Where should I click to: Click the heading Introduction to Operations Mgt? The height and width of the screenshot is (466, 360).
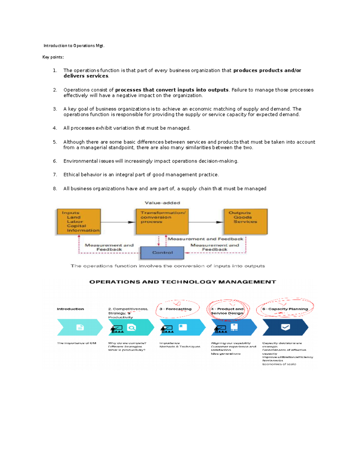[74, 46]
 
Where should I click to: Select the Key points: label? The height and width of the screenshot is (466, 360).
[53, 57]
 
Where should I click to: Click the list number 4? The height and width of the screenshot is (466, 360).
[55, 128]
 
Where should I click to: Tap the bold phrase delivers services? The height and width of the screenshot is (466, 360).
[86, 76]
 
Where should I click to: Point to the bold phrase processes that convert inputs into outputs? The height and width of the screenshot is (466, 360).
[172, 90]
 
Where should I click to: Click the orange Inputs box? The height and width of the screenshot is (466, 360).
[79, 222]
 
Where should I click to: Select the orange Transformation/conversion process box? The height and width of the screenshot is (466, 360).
[162, 222]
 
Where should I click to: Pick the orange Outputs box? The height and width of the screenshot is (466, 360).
[246, 222]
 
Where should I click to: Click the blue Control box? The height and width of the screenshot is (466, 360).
[162, 253]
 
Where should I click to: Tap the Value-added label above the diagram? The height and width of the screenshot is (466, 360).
[162, 203]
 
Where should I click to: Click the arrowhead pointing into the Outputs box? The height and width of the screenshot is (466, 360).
[220, 222]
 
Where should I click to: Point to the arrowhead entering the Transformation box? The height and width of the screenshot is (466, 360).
[132, 222]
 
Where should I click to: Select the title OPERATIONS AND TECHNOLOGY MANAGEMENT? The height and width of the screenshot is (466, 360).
[183, 282]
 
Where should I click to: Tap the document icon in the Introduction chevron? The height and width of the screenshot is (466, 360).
[80, 327]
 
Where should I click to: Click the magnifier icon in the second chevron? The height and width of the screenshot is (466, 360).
[131, 327]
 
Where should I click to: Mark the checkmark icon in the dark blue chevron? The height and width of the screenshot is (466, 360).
[285, 327]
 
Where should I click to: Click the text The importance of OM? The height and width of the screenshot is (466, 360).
[76, 343]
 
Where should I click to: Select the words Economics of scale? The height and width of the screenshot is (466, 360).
[279, 364]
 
